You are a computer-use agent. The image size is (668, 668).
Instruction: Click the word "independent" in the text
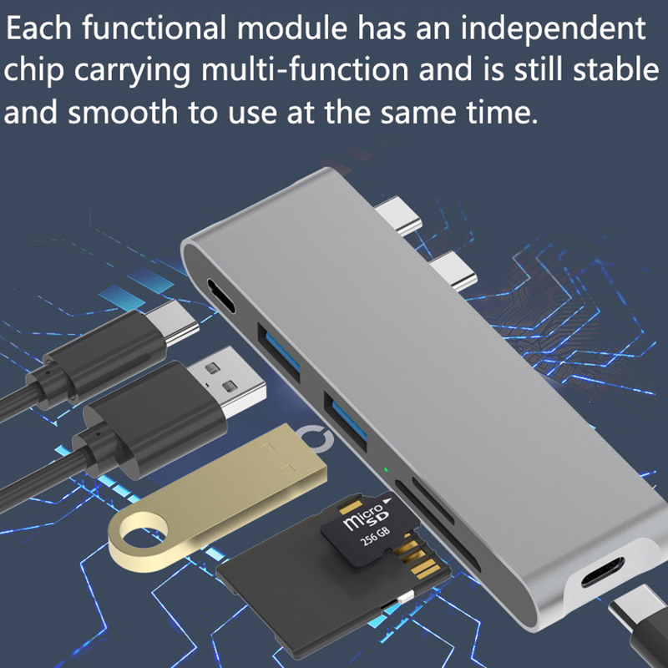[553, 29]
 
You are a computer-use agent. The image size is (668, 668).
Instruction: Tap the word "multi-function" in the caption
[305, 70]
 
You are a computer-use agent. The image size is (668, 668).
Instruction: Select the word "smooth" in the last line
[123, 112]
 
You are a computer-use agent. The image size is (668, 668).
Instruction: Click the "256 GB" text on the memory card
[375, 536]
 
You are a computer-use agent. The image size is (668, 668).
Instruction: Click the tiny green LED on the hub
[386, 469]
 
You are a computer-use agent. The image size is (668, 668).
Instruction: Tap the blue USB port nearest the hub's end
[279, 351]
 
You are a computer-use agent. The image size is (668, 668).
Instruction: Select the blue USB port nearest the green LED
[346, 419]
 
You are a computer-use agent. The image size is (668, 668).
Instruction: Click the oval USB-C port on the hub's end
[220, 295]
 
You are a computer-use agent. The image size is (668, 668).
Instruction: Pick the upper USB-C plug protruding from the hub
[398, 215]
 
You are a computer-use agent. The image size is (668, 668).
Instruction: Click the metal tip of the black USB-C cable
[173, 321]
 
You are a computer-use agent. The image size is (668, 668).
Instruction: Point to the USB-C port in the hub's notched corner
[602, 572]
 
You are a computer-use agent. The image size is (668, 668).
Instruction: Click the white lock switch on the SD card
[407, 598]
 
